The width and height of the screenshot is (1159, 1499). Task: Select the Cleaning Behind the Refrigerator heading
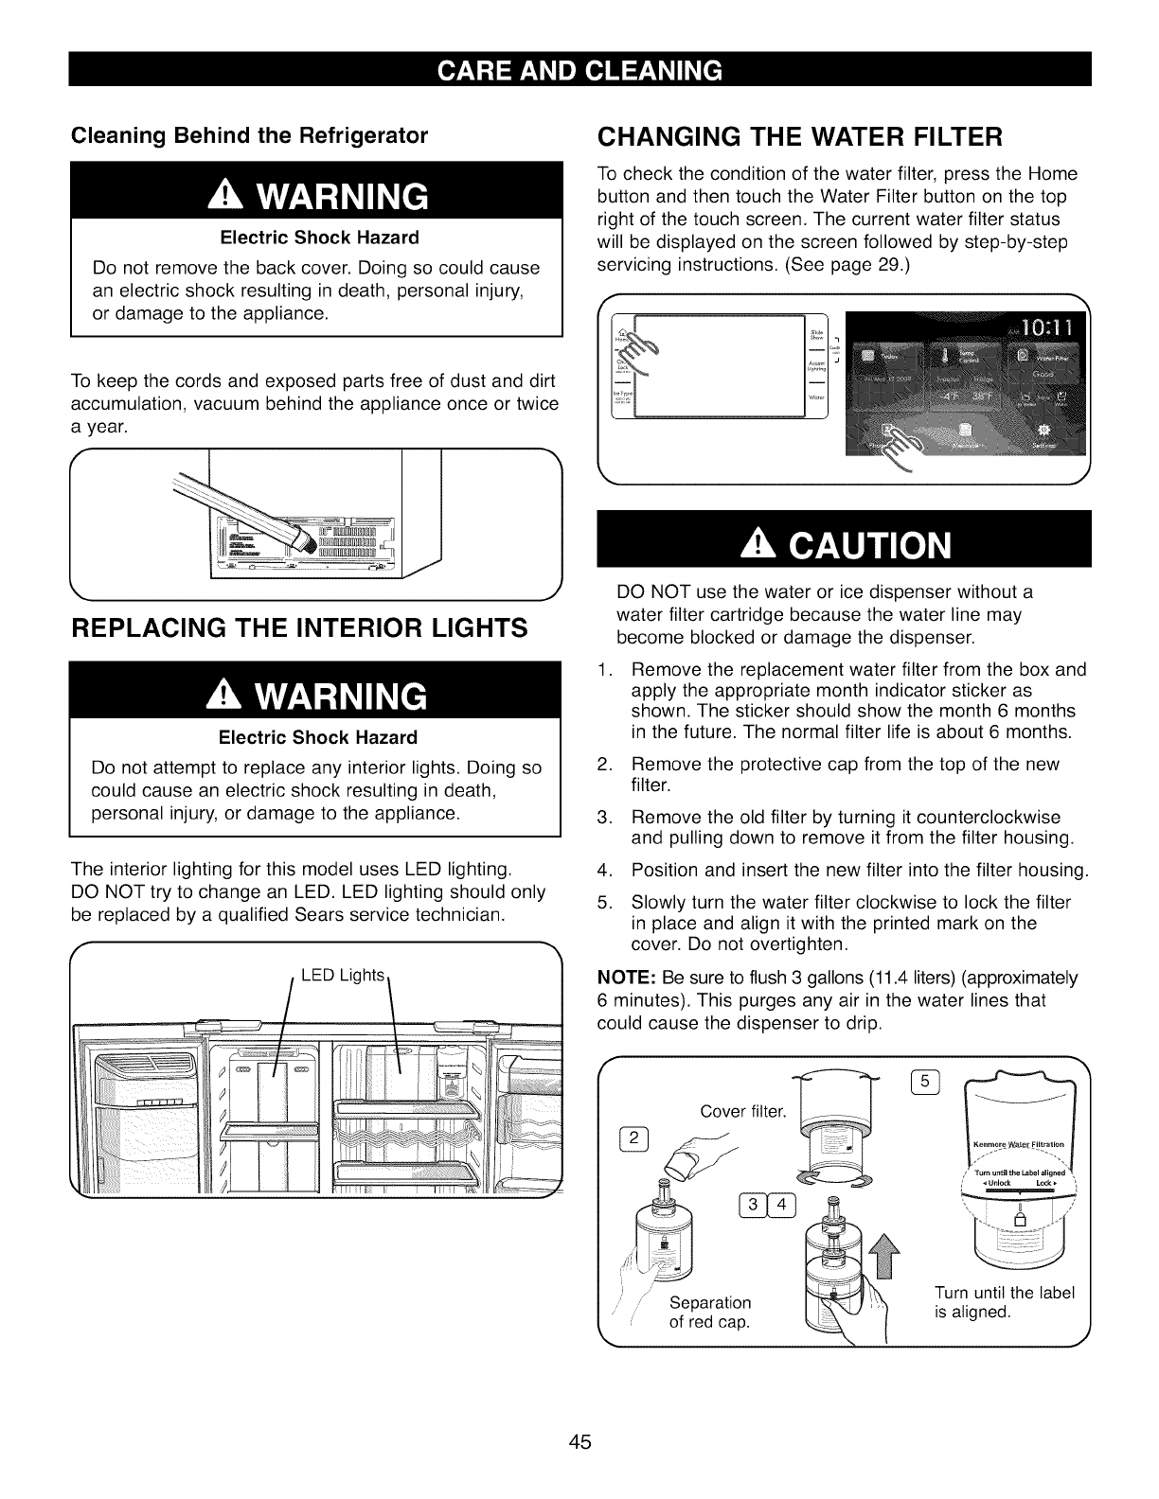click(250, 134)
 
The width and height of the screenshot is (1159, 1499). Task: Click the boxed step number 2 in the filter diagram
click(633, 1137)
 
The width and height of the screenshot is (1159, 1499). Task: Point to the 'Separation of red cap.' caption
click(710, 1312)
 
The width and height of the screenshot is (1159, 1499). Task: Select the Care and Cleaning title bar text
click(579, 70)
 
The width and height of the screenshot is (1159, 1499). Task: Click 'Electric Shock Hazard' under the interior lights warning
click(317, 737)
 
